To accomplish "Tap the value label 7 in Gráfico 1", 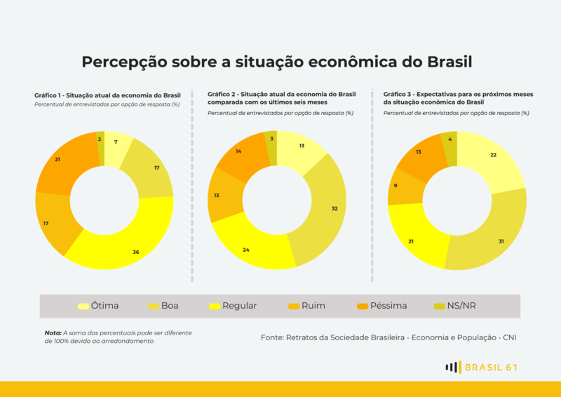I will click(116, 142).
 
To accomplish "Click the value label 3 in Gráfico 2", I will click(271, 139).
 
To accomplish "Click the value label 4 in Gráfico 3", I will click(450, 139).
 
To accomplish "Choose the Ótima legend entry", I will click(98, 306).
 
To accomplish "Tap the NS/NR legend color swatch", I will click(440, 306).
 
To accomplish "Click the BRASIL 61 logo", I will click(482, 367).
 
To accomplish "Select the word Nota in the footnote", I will click(53, 332).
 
